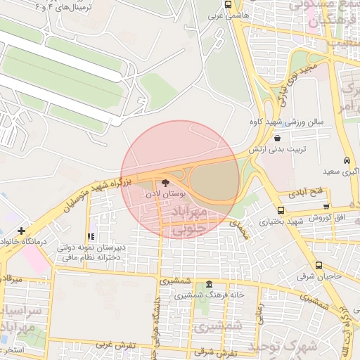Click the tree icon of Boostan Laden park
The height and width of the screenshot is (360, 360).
pos(165,182)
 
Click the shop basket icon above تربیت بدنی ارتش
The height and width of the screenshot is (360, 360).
pos(280,139)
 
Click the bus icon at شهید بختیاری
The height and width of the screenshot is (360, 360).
pos(281,210)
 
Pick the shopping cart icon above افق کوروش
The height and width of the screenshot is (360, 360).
pos(327,207)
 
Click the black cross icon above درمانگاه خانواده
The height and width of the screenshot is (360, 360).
pos(22,230)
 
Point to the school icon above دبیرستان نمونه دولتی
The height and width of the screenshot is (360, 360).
pos(90,237)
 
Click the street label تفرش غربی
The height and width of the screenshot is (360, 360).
pos(115,345)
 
